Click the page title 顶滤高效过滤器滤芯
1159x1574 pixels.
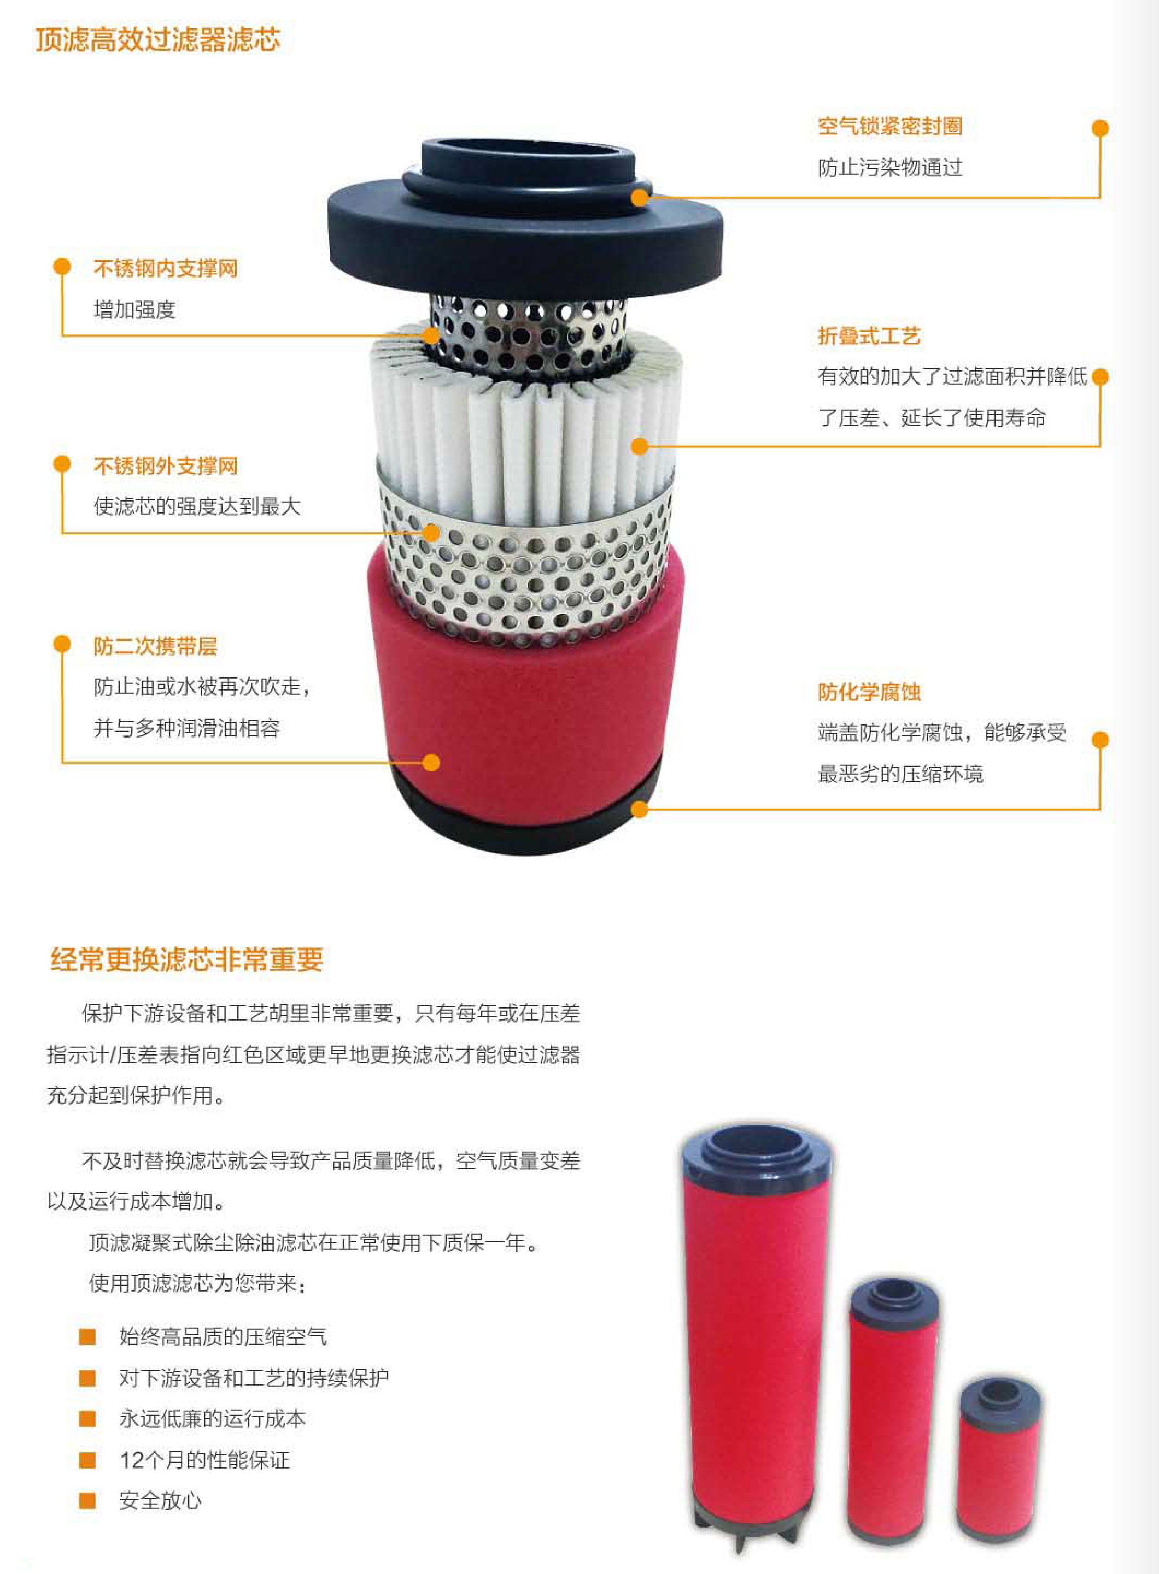point(158,39)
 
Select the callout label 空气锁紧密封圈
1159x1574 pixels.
point(889,126)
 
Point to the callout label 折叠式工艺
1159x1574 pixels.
point(869,336)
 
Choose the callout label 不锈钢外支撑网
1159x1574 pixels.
point(166,465)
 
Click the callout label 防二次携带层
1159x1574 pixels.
point(155,646)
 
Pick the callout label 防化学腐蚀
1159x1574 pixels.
point(869,692)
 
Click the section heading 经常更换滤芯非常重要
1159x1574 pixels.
point(186,959)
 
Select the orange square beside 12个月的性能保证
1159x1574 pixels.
point(87,1460)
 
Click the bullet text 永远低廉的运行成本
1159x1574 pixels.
point(213,1419)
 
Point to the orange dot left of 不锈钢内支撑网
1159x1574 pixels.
point(62,267)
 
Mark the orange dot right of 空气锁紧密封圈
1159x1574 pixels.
point(1100,128)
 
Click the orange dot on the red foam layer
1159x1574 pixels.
point(431,762)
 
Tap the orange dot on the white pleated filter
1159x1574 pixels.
point(639,446)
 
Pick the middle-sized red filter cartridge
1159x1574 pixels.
point(894,1411)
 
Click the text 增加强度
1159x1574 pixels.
point(134,309)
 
